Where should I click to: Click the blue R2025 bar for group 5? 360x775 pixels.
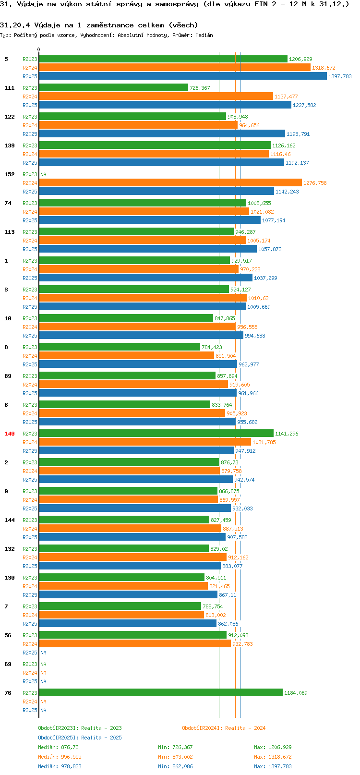pyautogui.click(x=182, y=76)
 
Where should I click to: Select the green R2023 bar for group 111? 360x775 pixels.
pyautogui.click(x=113, y=88)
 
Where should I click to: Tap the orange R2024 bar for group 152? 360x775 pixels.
pyautogui.click(x=170, y=183)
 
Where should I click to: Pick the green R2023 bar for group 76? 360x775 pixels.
pyautogui.click(x=161, y=693)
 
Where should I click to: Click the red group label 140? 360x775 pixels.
pyautogui.click(x=10, y=434)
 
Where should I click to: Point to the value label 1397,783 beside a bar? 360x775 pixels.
pyautogui.click(x=340, y=76)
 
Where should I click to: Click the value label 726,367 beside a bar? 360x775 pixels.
pyautogui.click(x=200, y=88)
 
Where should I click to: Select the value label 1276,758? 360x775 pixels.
pyautogui.click(x=315, y=183)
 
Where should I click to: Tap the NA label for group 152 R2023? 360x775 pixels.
pyautogui.click(x=43, y=174)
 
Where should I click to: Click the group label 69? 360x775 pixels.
pyautogui.click(x=8, y=664)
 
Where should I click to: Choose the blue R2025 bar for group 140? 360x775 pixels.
pyautogui.click(x=136, y=451)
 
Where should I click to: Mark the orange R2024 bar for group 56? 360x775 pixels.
pyautogui.click(x=135, y=644)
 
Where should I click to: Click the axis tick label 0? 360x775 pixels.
pyautogui.click(x=39, y=49)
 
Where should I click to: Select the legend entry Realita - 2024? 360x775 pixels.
pyautogui.click(x=224, y=728)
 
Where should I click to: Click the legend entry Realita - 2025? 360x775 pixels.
pyautogui.click(x=80, y=738)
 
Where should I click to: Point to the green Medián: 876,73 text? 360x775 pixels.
pyautogui.click(x=58, y=747)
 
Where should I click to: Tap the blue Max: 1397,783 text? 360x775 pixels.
pyautogui.click(x=273, y=766)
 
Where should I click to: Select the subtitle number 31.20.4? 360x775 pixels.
pyautogui.click(x=15, y=25)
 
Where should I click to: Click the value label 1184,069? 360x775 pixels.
pyautogui.click(x=296, y=693)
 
